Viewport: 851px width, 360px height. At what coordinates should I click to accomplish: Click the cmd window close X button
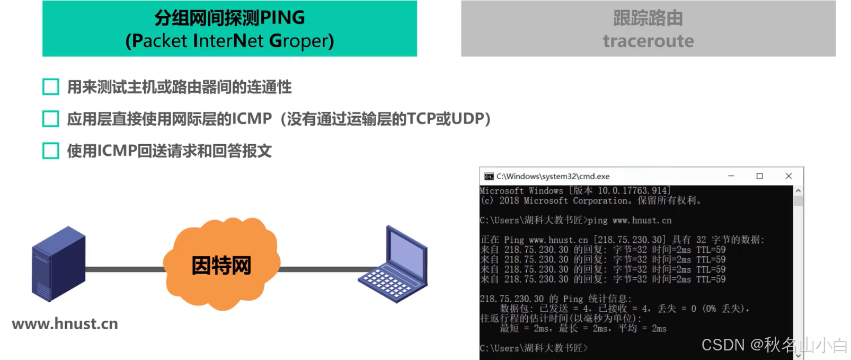point(788,176)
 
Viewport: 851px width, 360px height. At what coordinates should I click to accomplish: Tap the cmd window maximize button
point(759,176)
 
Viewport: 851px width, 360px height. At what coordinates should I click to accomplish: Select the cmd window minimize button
point(731,176)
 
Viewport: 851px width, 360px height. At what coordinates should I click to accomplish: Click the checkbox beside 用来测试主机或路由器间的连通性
point(51,87)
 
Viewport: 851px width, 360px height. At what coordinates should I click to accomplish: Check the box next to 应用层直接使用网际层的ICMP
point(51,119)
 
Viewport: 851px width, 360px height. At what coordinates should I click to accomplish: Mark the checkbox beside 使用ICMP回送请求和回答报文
point(51,151)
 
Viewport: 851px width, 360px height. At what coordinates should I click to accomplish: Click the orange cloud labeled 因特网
point(221,265)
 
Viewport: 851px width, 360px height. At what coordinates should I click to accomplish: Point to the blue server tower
point(58,264)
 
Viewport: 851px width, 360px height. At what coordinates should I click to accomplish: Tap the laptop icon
point(393,266)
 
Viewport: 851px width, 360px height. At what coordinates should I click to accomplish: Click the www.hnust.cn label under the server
point(65,324)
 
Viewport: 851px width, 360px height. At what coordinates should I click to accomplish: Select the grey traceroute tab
point(648,29)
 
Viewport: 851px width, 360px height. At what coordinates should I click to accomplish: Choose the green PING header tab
point(229,29)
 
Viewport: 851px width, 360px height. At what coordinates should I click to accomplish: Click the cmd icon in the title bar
point(489,177)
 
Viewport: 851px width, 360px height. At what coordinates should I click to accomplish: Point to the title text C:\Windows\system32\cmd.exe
point(553,177)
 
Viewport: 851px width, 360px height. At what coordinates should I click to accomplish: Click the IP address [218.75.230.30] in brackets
point(630,240)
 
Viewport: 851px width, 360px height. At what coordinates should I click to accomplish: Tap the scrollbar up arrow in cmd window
point(798,190)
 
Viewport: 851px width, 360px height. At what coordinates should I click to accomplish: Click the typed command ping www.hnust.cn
point(629,221)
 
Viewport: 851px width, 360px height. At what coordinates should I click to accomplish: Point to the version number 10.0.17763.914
point(632,190)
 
